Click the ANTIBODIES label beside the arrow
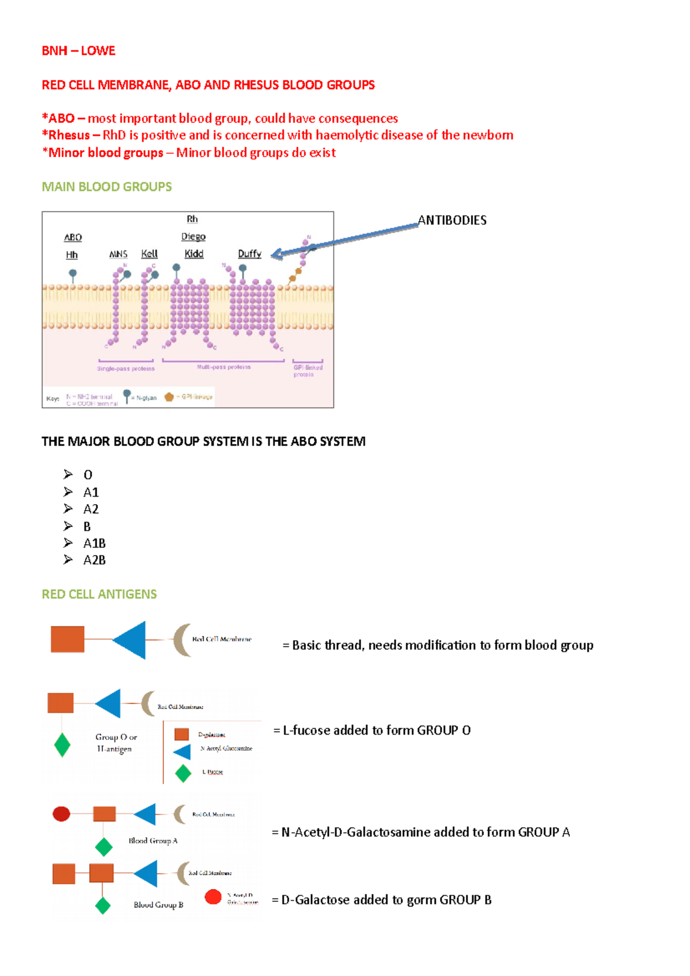point(452,220)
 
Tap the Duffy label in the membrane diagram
point(250,253)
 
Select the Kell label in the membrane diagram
point(149,253)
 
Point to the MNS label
point(118,254)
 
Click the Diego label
point(193,236)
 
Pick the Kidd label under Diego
point(194,253)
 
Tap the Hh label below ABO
point(72,255)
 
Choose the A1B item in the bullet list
point(94,543)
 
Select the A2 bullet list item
point(91,509)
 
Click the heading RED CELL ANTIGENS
point(99,594)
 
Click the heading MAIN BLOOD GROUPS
point(106,187)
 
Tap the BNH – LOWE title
point(78,51)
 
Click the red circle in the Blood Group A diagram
point(62,813)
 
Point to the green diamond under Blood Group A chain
point(103,846)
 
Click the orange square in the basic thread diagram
point(67,639)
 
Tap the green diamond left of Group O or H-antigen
point(62,745)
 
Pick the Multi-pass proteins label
point(224,367)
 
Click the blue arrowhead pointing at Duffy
point(277,254)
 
